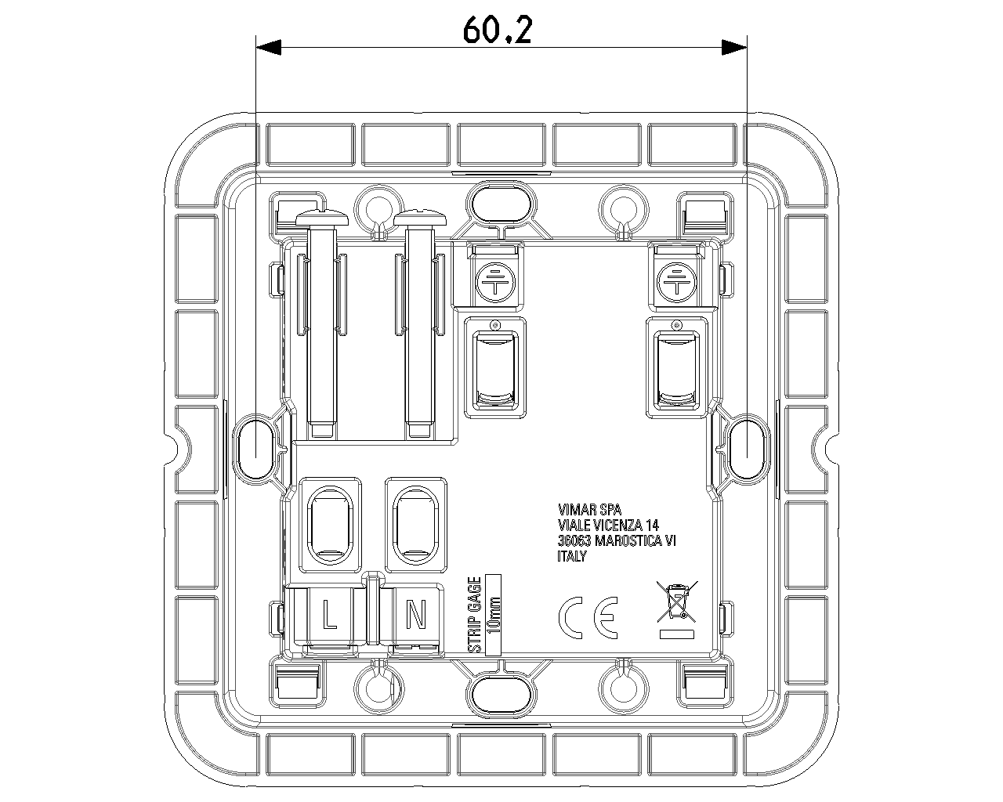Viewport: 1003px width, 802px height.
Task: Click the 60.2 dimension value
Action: [x=498, y=30]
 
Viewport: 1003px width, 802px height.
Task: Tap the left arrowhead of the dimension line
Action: [x=269, y=47]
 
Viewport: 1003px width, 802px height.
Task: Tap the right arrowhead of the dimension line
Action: [x=734, y=47]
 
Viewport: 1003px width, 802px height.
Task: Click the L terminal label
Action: [x=330, y=614]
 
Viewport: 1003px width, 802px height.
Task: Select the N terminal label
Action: [x=416, y=614]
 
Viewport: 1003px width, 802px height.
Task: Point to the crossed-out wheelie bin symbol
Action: [x=677, y=609]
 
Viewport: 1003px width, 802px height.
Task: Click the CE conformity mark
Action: [x=588, y=617]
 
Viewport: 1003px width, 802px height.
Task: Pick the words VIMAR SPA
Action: [x=589, y=509]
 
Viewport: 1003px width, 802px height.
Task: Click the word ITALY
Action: [x=572, y=556]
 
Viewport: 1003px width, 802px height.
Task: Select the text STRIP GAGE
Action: [x=474, y=615]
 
